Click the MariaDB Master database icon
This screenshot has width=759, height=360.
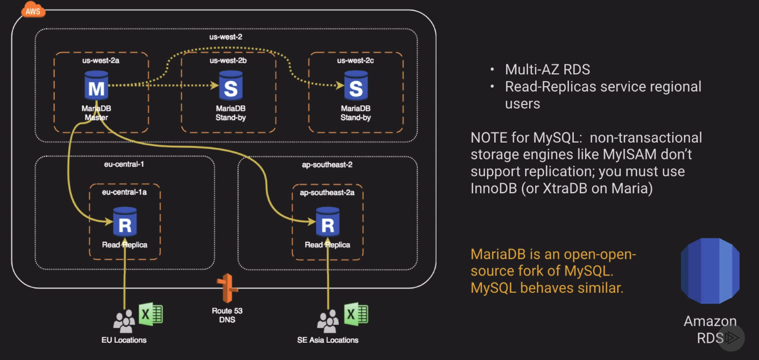click(97, 87)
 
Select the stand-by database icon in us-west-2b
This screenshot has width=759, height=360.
click(230, 87)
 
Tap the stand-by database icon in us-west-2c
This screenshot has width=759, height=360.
click(356, 87)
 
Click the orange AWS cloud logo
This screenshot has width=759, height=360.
click(33, 11)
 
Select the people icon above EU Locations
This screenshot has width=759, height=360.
click(124, 321)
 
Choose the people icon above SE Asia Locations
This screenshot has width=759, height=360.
click(327, 321)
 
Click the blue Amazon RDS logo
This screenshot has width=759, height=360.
click(710, 271)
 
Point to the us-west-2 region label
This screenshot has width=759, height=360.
click(226, 37)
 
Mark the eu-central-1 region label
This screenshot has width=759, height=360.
click(124, 164)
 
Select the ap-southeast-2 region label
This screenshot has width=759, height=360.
click(327, 164)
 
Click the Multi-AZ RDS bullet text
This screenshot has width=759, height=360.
click(547, 69)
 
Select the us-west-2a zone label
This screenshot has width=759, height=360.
click(101, 60)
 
